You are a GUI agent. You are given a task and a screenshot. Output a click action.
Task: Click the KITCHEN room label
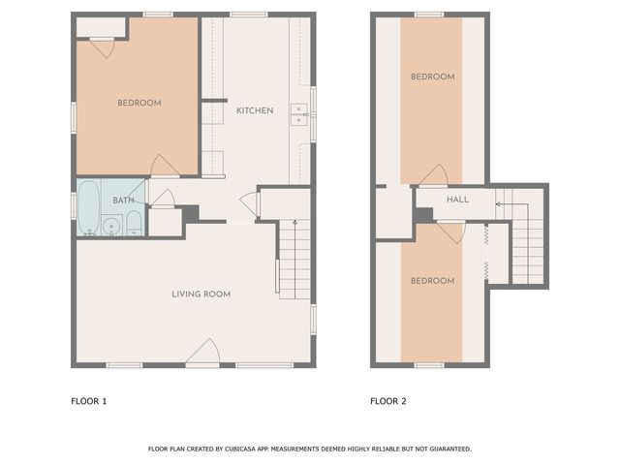click(255, 110)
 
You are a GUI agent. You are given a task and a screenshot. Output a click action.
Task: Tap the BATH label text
click(123, 201)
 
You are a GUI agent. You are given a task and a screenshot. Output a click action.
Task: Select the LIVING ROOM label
click(201, 294)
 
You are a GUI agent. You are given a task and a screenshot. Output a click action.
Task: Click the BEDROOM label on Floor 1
click(139, 103)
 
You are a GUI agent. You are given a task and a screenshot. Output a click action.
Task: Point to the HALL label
click(457, 200)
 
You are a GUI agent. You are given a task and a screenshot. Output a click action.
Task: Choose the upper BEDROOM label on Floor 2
click(431, 77)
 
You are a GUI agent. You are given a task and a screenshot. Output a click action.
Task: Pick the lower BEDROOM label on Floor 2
click(431, 281)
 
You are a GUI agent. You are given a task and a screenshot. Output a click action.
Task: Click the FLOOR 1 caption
click(89, 401)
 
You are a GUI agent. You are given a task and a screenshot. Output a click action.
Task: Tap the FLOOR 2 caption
click(388, 401)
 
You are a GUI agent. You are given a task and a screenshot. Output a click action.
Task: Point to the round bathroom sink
click(111, 228)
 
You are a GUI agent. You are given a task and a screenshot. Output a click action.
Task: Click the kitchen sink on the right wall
click(301, 115)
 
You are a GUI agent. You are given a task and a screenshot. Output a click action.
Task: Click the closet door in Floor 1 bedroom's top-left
click(104, 46)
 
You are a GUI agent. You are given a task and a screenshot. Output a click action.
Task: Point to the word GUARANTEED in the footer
click(449, 449)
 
